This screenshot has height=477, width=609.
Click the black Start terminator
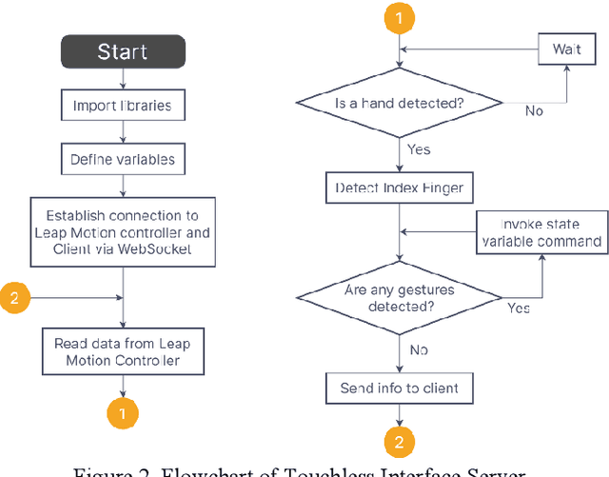(123, 51)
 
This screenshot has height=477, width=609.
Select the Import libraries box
(122, 105)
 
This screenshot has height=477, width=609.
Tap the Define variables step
(122, 159)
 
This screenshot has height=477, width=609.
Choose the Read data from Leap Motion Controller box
(122, 351)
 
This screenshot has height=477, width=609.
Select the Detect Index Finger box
(400, 188)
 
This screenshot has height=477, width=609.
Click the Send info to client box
(400, 388)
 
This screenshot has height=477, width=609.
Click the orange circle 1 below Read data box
(123, 413)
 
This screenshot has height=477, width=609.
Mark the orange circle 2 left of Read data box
(14, 298)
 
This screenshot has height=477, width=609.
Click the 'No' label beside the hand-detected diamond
(535, 111)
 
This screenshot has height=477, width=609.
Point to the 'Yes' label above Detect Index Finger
(418, 149)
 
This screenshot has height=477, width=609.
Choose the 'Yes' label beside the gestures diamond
(519, 308)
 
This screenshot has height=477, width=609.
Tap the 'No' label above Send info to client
(418, 349)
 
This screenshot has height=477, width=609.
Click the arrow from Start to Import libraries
(123, 80)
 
